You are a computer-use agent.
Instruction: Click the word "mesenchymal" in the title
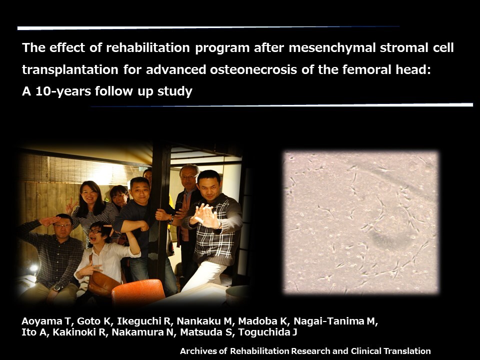tap(332, 48)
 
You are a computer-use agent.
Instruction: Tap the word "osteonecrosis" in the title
tap(253, 70)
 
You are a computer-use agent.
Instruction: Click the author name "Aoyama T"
tap(46, 321)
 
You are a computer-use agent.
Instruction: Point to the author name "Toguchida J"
tap(267, 332)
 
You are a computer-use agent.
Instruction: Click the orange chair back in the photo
tap(138, 291)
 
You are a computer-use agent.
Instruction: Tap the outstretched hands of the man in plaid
tap(205, 216)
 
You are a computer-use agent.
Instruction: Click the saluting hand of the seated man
tap(49, 220)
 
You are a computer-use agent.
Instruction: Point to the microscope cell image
tap(361, 222)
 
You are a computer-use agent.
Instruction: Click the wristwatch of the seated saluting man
tap(56, 288)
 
